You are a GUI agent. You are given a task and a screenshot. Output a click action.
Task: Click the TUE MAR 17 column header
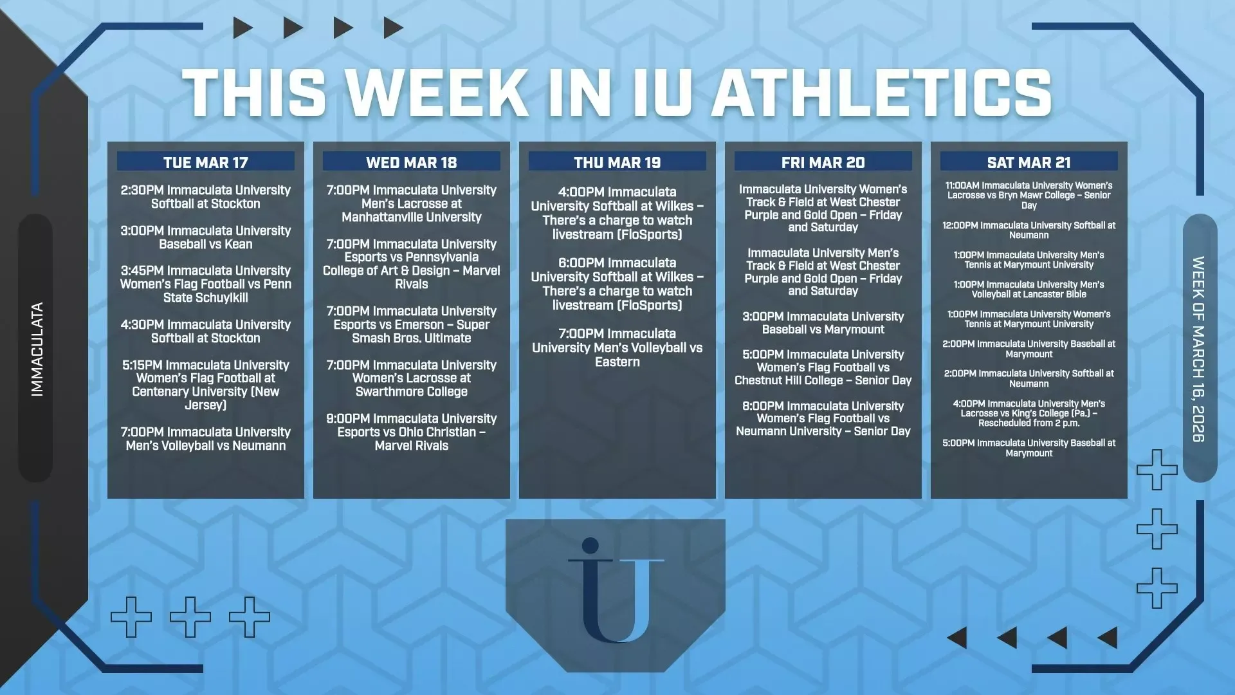tap(206, 162)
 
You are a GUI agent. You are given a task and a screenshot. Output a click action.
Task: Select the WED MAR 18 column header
tap(412, 162)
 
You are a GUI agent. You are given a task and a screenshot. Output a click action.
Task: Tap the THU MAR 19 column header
tap(617, 162)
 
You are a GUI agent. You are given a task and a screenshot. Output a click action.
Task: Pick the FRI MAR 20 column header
tap(823, 162)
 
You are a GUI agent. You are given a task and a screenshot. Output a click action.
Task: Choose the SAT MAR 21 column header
tap(1029, 162)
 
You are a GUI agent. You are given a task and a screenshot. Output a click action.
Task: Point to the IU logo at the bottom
tap(616, 591)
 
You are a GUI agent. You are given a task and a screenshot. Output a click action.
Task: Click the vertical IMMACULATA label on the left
tap(37, 349)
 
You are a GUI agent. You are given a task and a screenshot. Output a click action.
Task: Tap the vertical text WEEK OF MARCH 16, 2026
tap(1198, 349)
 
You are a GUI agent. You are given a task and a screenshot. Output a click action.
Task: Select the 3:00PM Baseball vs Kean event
tap(206, 237)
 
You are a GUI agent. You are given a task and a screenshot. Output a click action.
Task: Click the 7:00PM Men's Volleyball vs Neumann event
tap(206, 439)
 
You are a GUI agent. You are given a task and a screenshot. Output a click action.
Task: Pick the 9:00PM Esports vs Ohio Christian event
tap(412, 432)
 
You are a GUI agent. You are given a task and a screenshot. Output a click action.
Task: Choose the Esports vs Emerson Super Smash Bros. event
tap(412, 324)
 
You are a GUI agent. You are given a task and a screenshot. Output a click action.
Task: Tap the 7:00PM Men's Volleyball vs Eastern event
tap(617, 347)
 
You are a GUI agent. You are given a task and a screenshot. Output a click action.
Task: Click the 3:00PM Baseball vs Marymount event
tap(823, 323)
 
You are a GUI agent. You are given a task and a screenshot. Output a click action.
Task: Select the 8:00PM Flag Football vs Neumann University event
tap(823, 418)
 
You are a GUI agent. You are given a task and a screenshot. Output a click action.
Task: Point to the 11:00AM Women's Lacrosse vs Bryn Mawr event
tap(1029, 196)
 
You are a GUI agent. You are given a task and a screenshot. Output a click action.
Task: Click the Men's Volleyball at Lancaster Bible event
tap(1029, 290)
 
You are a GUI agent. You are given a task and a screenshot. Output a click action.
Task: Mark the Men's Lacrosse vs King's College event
tap(1029, 413)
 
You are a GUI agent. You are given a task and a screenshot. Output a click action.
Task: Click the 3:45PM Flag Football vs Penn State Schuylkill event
tap(206, 284)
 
